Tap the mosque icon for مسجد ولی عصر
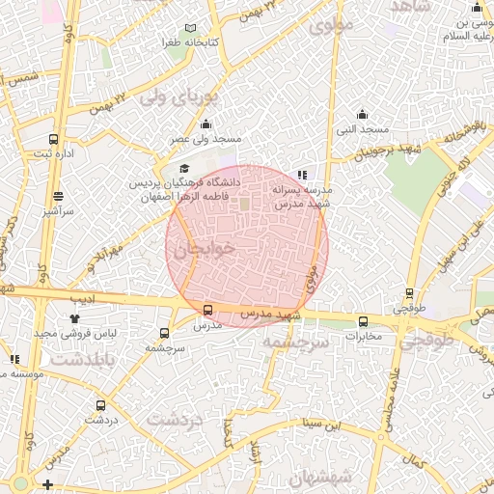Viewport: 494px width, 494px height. click(206, 124)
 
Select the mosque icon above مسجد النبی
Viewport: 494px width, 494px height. click(362, 114)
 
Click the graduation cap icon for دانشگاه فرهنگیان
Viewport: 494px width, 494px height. click(184, 170)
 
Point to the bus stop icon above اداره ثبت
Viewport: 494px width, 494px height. click(53, 139)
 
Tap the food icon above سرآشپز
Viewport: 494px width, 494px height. click(58, 196)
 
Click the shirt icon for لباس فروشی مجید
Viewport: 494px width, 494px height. click(75, 317)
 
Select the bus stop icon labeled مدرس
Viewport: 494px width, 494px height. click(208, 310)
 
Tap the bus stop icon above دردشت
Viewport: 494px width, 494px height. click(100, 405)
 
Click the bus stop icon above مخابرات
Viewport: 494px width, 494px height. click(364, 321)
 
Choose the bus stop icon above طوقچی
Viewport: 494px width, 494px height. click(409, 293)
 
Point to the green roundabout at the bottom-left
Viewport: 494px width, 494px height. click(19, 483)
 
